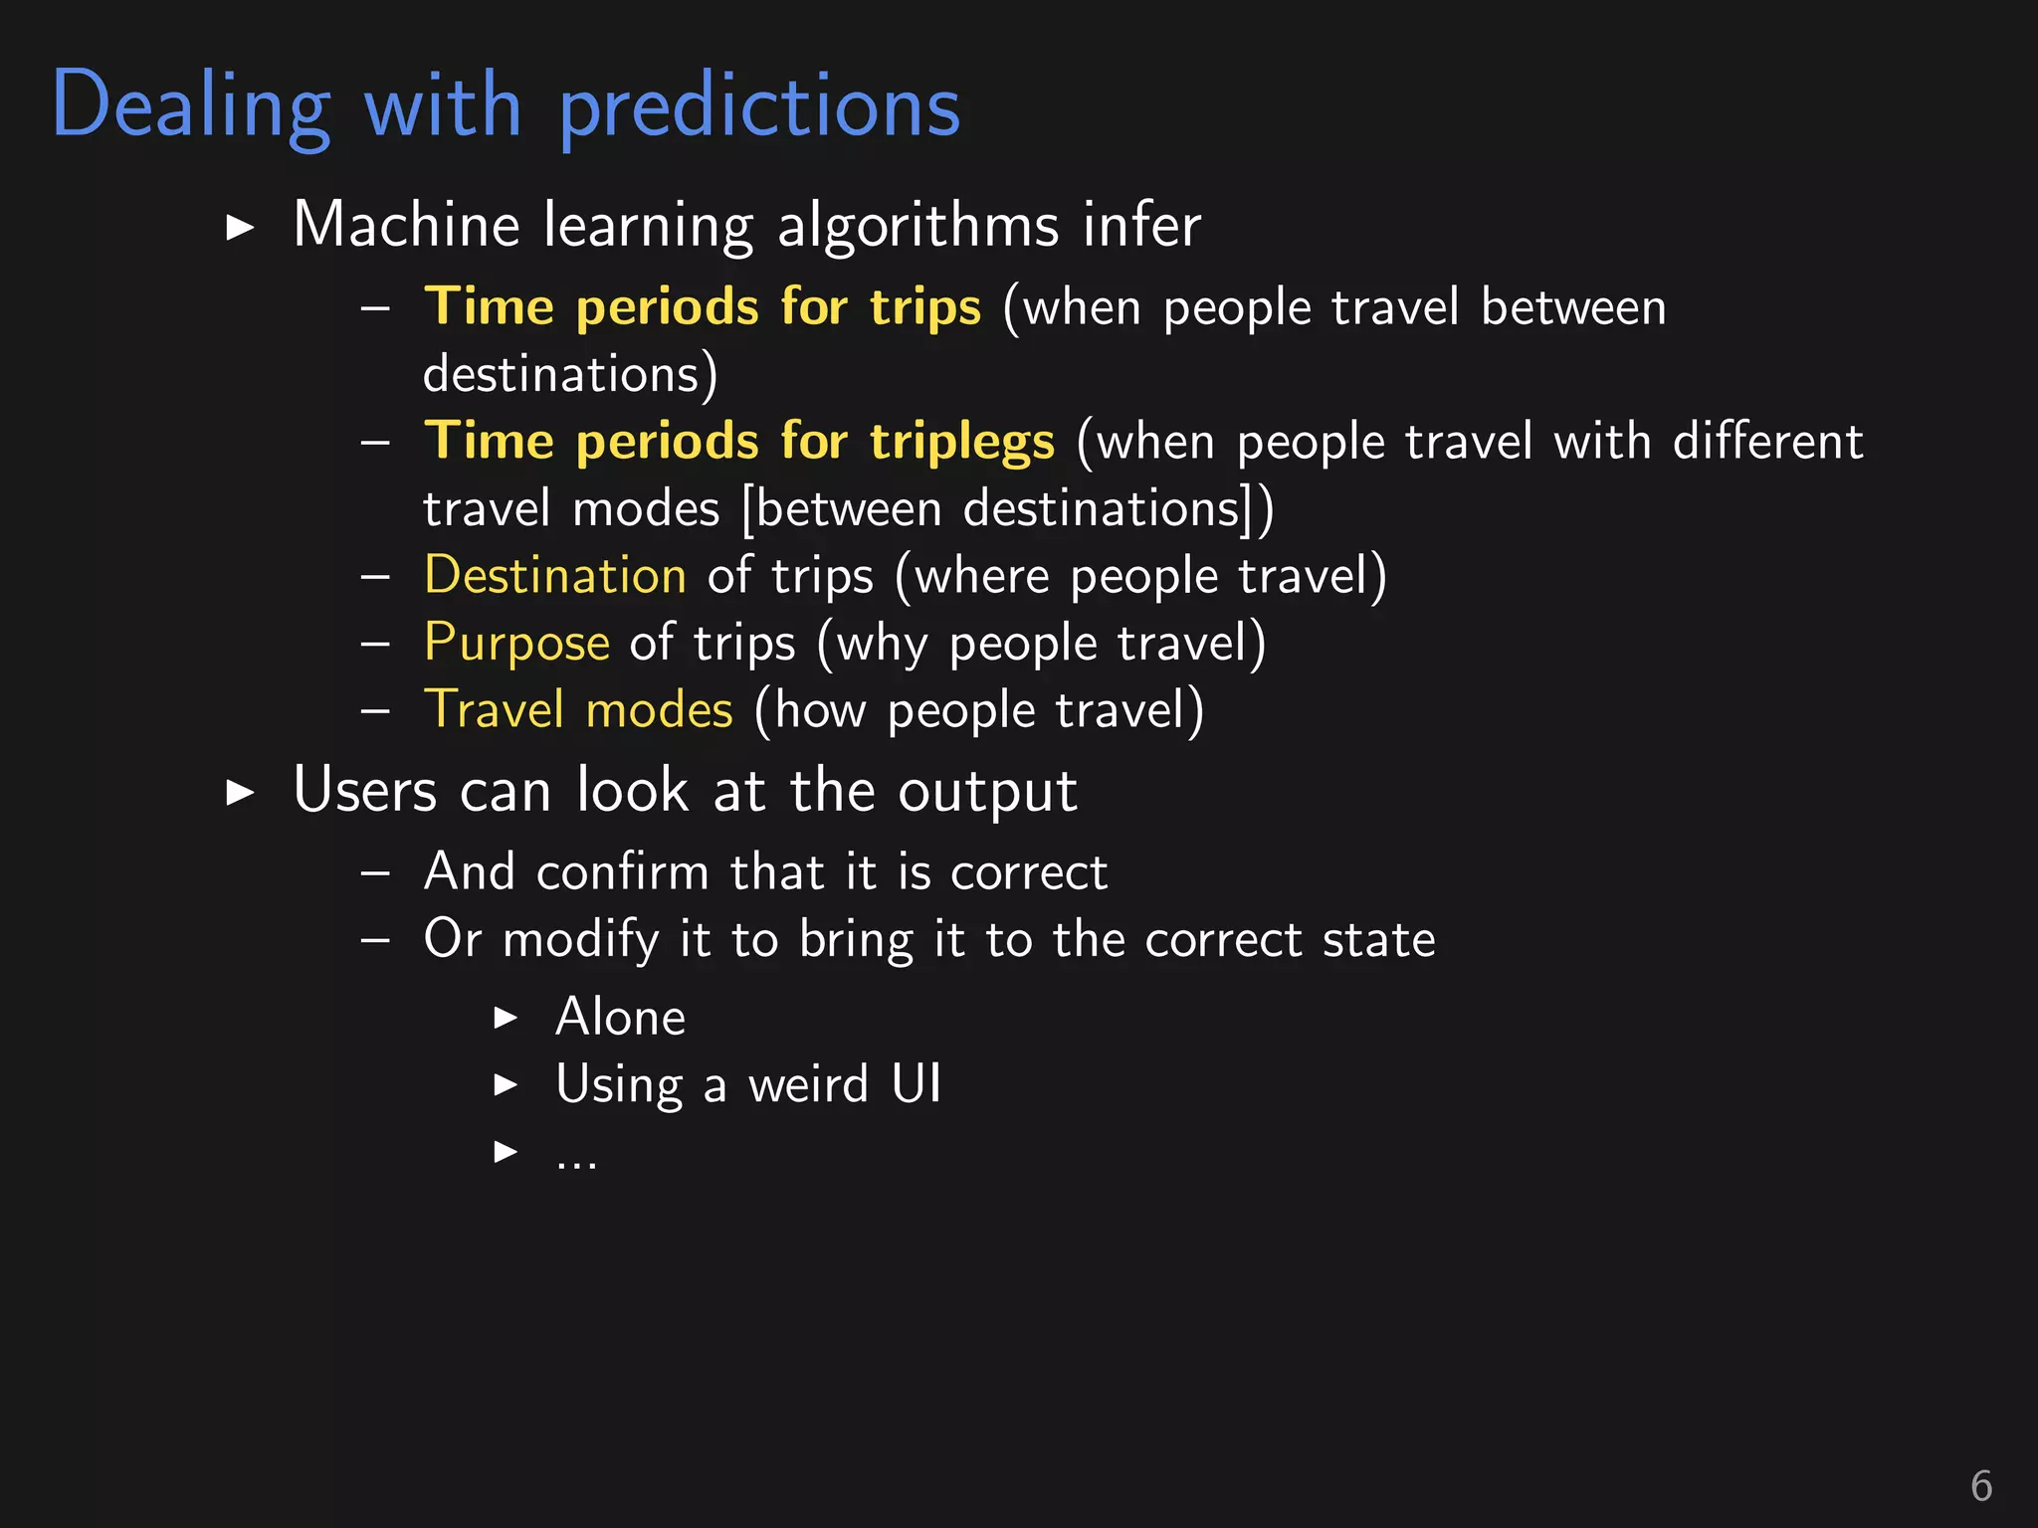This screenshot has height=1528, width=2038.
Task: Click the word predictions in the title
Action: (759, 107)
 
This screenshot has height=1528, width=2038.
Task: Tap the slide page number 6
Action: (1980, 1486)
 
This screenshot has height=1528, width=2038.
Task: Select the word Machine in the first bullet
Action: (406, 225)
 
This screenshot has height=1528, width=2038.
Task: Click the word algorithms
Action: (917, 227)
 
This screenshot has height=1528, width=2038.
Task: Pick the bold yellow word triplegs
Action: (961, 443)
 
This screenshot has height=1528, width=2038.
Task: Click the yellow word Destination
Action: (554, 576)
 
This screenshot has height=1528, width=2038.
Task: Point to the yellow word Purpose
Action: (515, 644)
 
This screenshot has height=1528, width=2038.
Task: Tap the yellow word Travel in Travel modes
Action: (494, 710)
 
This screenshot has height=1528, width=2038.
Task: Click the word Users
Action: (365, 792)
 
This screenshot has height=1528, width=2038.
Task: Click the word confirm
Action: (622, 872)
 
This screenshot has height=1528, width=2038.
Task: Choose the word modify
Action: (580, 941)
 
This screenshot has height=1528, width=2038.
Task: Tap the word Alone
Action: (620, 1018)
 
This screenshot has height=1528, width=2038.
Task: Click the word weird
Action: (808, 1084)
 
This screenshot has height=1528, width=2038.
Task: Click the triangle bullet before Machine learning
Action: (240, 228)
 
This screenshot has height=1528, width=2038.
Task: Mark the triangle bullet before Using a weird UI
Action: (506, 1085)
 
